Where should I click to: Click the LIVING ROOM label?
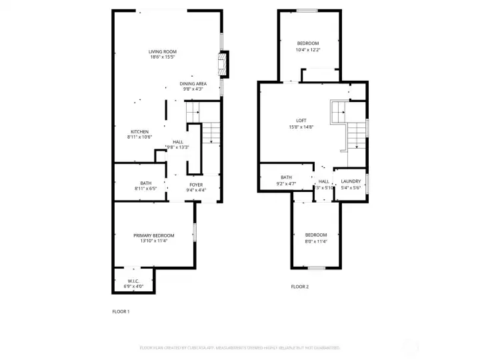tap(162, 51)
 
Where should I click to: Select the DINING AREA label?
tap(193, 83)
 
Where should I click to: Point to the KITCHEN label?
tap(139, 131)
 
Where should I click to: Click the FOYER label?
tap(196, 185)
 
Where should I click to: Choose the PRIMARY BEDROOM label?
tap(154, 235)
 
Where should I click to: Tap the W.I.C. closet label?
tap(133, 281)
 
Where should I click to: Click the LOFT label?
tap(301, 121)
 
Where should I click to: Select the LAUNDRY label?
tap(351, 181)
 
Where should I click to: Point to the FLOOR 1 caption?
tap(121, 311)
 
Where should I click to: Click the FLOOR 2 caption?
tap(300, 287)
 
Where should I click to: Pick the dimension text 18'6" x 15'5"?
tap(162, 57)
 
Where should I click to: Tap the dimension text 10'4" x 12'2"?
tap(308, 49)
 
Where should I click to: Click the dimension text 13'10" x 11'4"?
tap(154, 241)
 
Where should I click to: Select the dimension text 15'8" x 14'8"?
tap(301, 127)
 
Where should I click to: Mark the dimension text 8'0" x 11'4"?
tap(316, 241)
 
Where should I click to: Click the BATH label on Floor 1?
tap(145, 183)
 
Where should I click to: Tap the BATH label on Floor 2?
tap(286, 177)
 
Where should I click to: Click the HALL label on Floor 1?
tap(178, 141)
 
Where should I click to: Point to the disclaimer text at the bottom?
tap(239, 347)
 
